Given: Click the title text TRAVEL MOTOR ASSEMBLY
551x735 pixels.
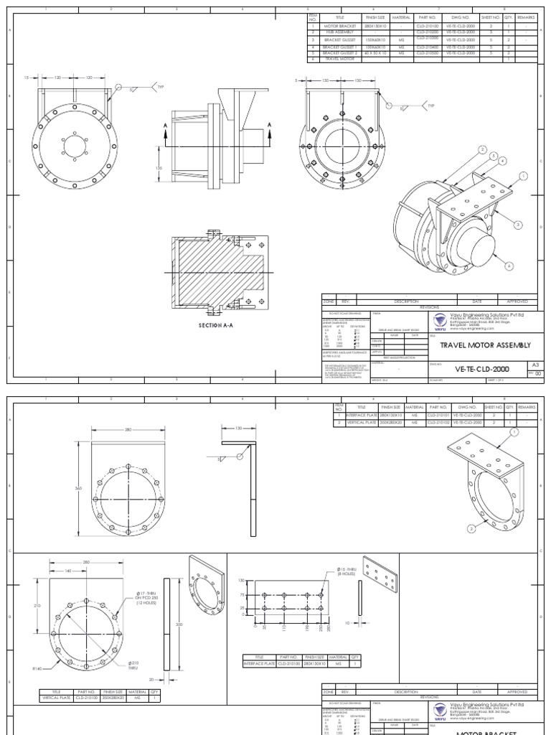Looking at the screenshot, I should click(x=480, y=345).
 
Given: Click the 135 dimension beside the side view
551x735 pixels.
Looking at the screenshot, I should click(x=159, y=168).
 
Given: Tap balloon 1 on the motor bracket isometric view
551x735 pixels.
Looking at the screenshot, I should click(x=513, y=432).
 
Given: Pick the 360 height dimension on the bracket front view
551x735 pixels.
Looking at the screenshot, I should click(x=80, y=487).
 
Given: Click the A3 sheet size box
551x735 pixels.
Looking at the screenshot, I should click(x=530, y=364).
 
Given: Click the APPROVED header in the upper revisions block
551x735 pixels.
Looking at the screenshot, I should click(x=517, y=302).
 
